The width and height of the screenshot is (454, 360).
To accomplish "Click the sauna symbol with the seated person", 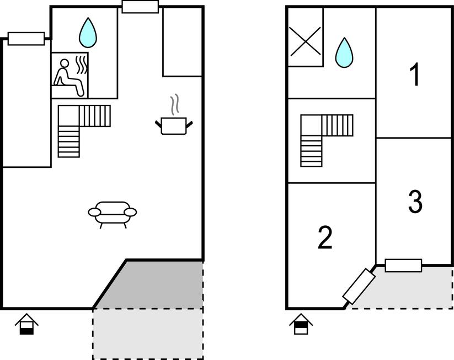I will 70,76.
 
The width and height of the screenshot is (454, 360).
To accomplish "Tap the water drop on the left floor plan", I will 87,33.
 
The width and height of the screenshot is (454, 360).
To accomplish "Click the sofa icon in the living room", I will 113,213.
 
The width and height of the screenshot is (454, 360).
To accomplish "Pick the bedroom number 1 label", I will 415,75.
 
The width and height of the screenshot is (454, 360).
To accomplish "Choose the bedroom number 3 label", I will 415,202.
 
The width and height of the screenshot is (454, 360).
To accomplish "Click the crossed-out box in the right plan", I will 305,41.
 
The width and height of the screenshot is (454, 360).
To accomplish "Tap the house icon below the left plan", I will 26,324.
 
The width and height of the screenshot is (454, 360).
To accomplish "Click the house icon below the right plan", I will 301,324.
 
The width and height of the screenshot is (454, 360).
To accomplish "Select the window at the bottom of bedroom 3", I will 403,266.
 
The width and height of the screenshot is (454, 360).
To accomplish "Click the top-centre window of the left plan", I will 140,7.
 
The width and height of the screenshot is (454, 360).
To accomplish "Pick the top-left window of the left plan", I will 26,39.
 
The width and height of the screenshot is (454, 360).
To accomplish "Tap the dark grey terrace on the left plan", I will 160,285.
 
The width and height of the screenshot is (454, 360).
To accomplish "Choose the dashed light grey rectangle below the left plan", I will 147,333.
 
